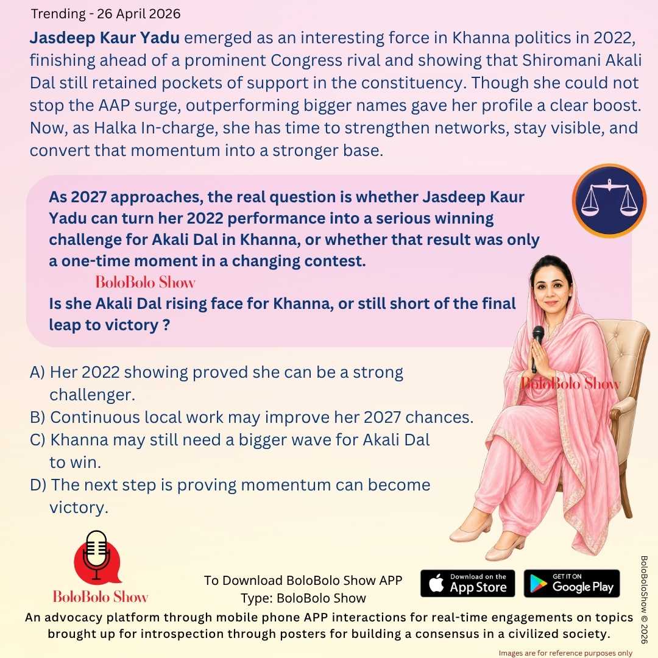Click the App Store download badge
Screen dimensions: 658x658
pos(468,583)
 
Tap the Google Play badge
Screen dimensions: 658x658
pos(571,583)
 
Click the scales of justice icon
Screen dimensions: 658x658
pos(609,200)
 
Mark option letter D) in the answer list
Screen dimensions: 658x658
pos(38,485)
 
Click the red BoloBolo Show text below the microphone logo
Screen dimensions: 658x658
pos(101,596)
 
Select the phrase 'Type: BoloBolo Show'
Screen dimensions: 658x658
pos(303,598)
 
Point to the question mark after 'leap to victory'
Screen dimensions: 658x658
pos(166,325)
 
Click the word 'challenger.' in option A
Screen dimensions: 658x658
pos(91,395)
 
